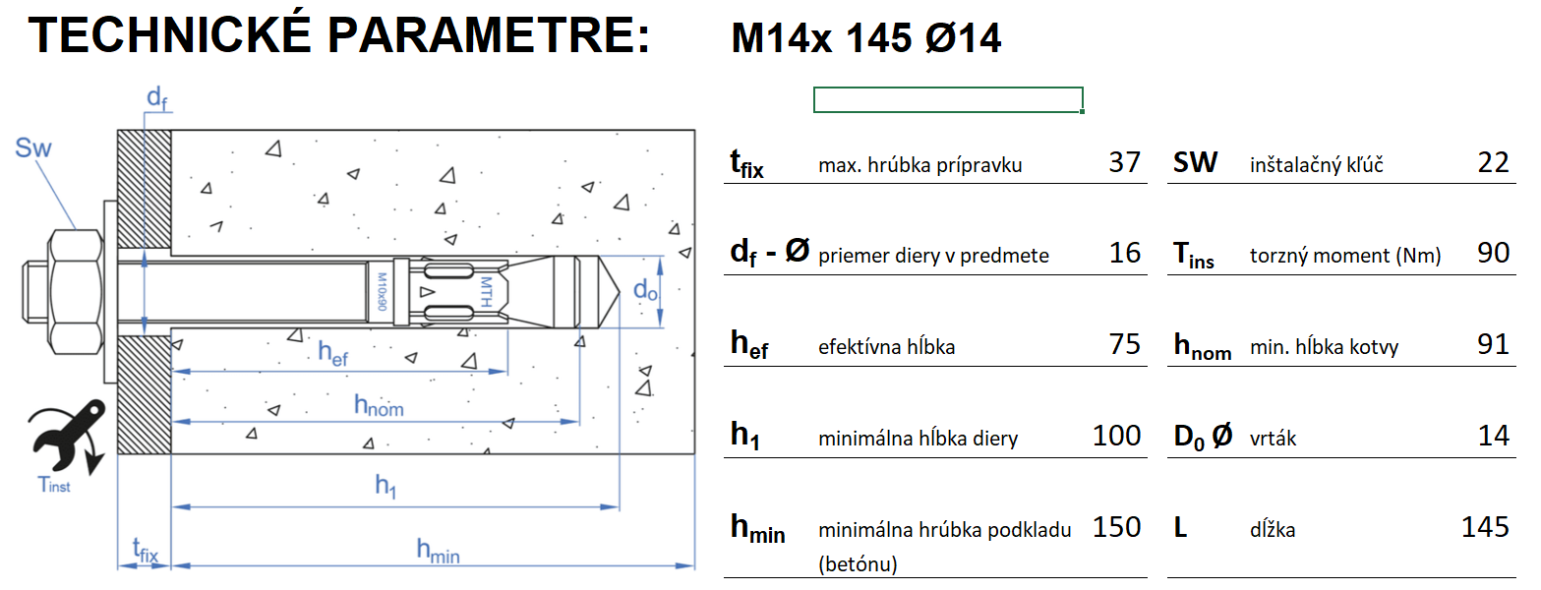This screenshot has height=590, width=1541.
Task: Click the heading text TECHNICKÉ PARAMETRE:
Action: coord(339,36)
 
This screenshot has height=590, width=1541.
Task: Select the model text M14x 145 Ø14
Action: coord(866,39)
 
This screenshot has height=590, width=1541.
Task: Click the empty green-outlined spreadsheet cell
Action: coord(948,99)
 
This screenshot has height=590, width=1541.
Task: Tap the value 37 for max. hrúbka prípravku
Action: coord(1124,162)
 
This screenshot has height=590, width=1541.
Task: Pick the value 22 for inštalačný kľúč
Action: coord(1493,162)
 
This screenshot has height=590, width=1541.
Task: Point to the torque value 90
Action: coord(1493,253)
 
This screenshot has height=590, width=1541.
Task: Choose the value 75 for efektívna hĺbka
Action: coord(1124,343)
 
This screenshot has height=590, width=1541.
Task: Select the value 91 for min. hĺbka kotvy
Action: coord(1493,343)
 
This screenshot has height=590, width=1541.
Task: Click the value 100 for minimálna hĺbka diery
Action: coord(1117,435)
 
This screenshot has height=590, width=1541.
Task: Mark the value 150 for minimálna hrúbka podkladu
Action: coord(1117,527)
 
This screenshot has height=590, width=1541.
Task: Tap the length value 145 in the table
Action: coord(1485,527)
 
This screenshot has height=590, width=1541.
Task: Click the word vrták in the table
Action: coord(1273,439)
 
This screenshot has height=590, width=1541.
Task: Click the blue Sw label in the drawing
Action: coord(33,148)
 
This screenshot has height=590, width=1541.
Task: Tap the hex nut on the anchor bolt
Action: coord(76,292)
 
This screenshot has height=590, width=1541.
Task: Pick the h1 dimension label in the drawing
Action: coord(385,485)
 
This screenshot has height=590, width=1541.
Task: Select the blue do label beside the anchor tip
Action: coord(644,290)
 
